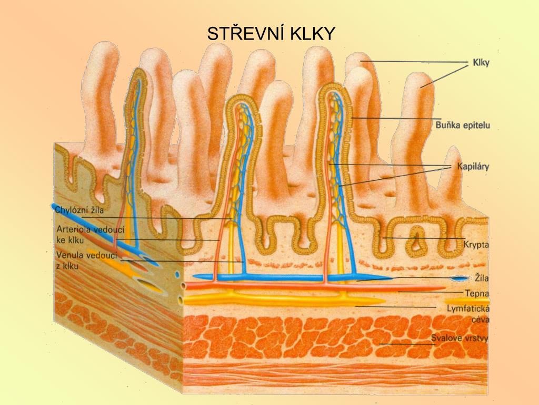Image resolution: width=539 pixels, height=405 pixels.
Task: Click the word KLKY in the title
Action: point(312,34)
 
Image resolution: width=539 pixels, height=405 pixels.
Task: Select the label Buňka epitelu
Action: point(463,125)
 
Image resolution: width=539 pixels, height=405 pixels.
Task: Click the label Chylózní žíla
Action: point(79,210)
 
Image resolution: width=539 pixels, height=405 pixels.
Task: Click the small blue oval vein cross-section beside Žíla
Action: point(457,278)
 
